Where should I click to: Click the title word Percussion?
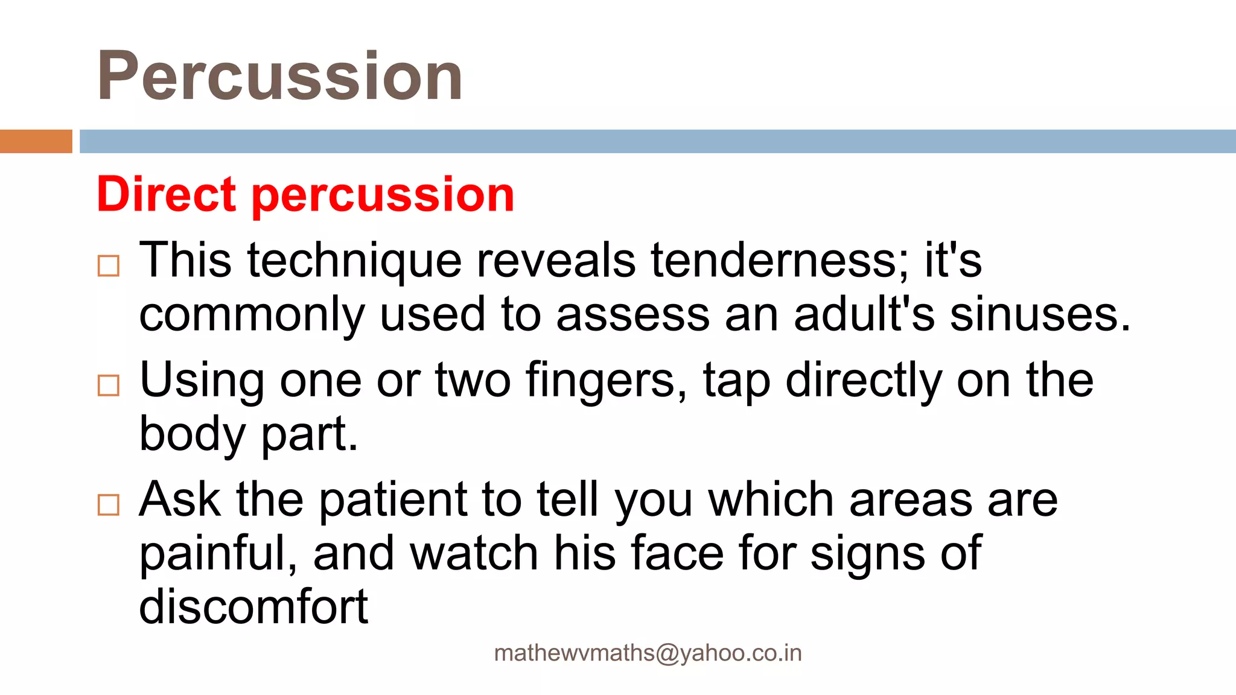[279, 77]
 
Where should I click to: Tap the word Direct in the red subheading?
[166, 194]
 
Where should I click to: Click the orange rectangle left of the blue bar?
[36, 141]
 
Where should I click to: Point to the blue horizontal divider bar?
[657, 141]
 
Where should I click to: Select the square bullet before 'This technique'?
[109, 265]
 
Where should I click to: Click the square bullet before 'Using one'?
[109, 385]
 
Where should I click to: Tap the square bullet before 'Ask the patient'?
[109, 504]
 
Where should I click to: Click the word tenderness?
[779, 261]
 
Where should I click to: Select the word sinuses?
[1039, 315]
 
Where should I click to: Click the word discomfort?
[253, 607]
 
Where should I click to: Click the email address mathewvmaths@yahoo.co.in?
[648, 653]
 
